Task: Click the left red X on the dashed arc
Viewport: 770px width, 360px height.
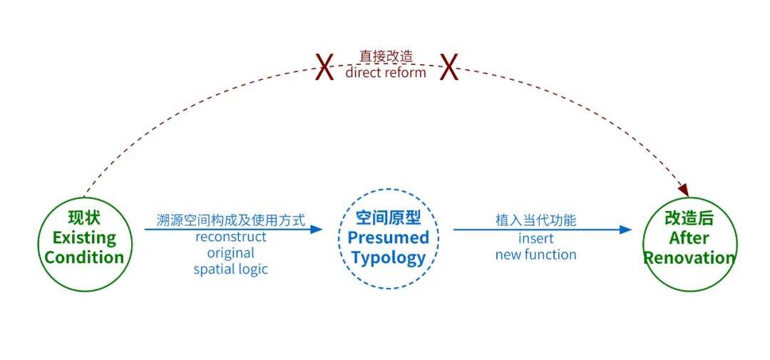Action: (x=324, y=68)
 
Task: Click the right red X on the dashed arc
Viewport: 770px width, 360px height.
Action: (x=449, y=68)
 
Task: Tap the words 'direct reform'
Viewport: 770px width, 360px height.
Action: (x=386, y=73)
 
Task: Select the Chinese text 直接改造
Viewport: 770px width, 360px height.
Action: (x=386, y=56)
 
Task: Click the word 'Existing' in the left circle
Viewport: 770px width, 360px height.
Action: (x=84, y=238)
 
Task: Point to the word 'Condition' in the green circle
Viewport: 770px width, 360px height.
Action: (x=84, y=258)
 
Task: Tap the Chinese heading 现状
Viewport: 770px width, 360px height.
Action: (x=84, y=217)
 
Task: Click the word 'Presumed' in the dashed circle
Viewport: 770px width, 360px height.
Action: (x=389, y=238)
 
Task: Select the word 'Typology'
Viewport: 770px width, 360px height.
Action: (x=389, y=258)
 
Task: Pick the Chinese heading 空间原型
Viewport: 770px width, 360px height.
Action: (x=389, y=217)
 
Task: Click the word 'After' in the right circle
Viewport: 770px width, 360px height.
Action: (x=689, y=238)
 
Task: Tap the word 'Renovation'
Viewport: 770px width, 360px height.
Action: (x=689, y=258)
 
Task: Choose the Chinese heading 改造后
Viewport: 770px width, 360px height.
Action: (x=689, y=218)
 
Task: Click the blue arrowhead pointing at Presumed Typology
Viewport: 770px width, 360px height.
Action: (x=317, y=230)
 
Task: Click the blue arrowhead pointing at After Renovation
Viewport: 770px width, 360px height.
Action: (x=626, y=230)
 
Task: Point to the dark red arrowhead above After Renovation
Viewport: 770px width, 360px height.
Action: (x=683, y=190)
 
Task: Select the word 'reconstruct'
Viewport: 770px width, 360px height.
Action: (x=231, y=237)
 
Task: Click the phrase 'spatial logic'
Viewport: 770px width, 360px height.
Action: (x=231, y=269)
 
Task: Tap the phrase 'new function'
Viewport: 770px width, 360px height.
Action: (x=535, y=255)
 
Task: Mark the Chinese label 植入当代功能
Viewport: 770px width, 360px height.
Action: (x=535, y=220)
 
